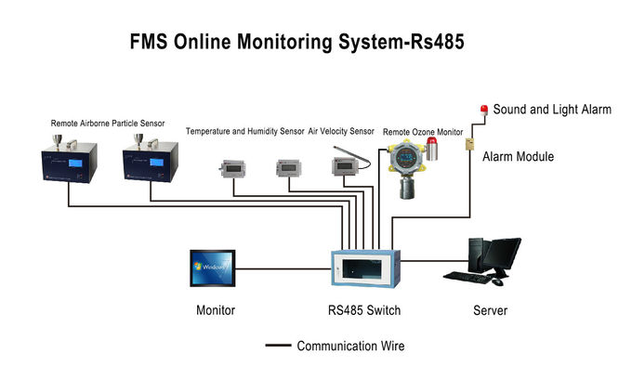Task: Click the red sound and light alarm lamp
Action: coord(483,109)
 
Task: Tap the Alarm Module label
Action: coord(518,157)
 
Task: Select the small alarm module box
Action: coord(471,144)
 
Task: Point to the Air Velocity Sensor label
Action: coord(343,132)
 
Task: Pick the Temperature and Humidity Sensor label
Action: coord(244,132)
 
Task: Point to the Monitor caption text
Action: coord(215,310)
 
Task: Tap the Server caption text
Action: coord(489,310)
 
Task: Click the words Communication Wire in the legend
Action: coord(350,346)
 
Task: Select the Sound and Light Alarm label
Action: coord(552,110)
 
